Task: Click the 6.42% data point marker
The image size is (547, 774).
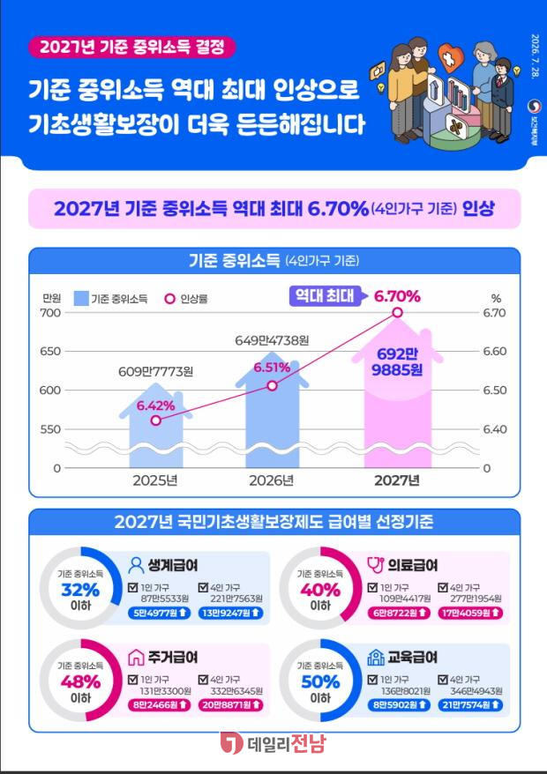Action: coord(156,420)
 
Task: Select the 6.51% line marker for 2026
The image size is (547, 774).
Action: coord(273,385)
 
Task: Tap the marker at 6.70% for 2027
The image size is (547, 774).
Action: coord(398,312)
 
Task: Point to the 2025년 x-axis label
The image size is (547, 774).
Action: coord(155,480)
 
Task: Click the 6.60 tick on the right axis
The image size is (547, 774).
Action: coord(495,352)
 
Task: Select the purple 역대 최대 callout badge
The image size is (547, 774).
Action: coord(325,295)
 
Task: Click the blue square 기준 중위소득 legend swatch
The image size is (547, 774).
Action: coord(81,298)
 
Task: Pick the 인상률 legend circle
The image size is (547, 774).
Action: coord(170,299)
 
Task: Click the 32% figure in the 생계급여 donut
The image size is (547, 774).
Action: coord(80,590)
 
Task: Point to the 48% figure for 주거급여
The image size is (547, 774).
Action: coord(80,681)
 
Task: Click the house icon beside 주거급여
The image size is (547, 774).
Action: coord(136,657)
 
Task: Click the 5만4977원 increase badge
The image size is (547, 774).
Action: coord(159,613)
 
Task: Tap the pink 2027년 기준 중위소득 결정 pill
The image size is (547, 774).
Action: coord(132,48)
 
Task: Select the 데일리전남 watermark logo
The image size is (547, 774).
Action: coord(273,743)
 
